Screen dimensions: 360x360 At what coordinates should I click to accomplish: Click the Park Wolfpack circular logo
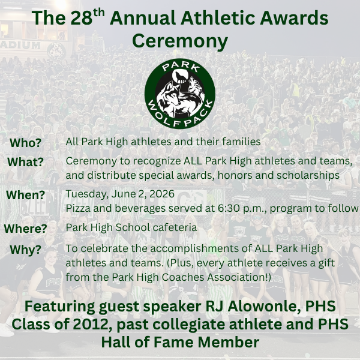(x=180, y=94)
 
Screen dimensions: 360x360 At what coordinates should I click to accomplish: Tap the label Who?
(x=25, y=143)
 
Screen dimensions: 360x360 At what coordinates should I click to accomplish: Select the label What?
(x=25, y=162)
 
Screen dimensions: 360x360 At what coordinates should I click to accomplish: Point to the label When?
(x=25, y=195)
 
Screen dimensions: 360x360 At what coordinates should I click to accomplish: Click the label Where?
(x=25, y=229)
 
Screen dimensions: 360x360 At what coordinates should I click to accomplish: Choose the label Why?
(x=25, y=250)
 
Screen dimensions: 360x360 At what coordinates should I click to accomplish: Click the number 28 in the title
(x=82, y=18)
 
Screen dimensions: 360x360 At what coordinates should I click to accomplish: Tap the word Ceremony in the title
(x=180, y=41)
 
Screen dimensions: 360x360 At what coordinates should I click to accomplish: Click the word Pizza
(x=78, y=208)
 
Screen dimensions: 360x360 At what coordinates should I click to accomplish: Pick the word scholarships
(x=308, y=176)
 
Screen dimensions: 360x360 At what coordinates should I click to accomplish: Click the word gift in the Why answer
(x=326, y=263)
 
